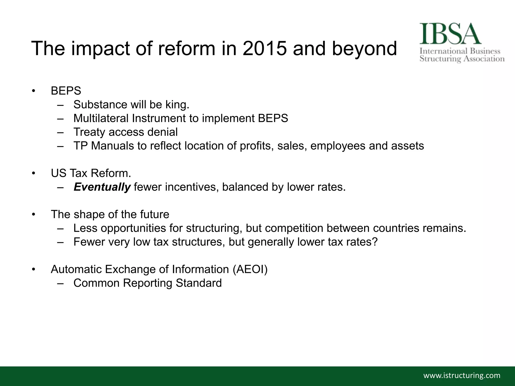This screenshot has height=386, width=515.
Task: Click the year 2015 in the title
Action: tap(264, 48)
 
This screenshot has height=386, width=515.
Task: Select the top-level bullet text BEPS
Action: tap(66, 91)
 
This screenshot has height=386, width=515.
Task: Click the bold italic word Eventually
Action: tap(102, 187)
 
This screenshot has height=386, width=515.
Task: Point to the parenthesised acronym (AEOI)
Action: tap(250, 269)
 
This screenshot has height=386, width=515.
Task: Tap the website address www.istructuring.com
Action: tap(462, 375)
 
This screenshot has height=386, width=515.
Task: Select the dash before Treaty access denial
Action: tap(60, 132)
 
